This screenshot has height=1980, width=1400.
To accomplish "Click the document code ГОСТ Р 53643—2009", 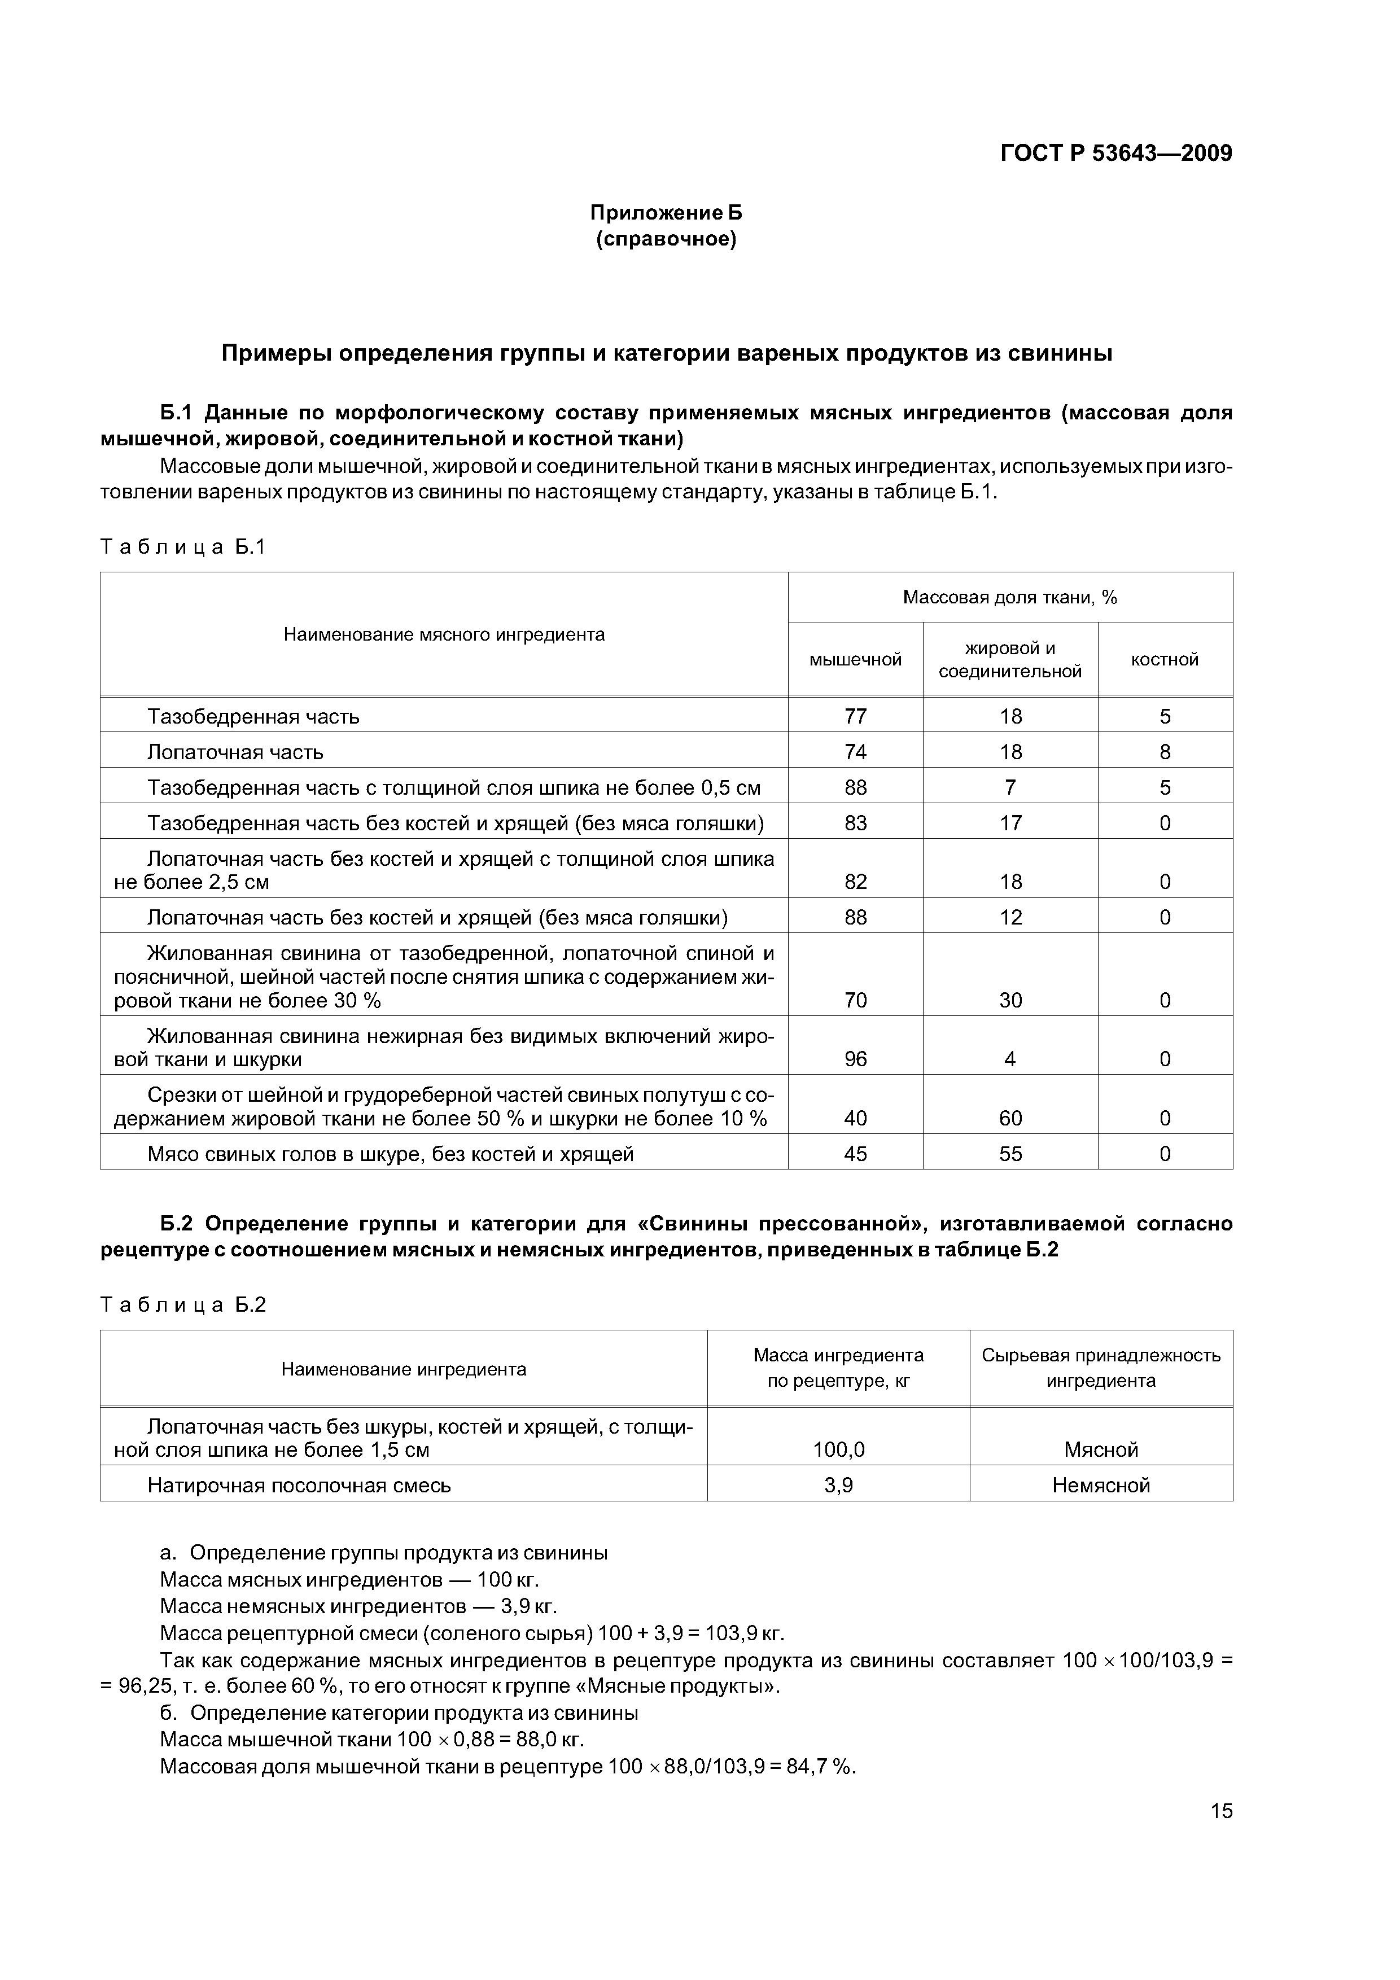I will pyautogui.click(x=1115, y=154).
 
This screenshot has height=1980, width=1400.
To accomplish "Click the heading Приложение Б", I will pyautogui.click(x=665, y=212).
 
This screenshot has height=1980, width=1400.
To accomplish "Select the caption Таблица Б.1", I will pyautogui.click(x=183, y=547).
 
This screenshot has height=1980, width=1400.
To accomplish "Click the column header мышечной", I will pyautogui.click(x=855, y=660).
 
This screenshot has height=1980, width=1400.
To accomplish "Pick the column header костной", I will pyautogui.click(x=1165, y=660).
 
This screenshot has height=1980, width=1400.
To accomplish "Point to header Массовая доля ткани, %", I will pyautogui.click(x=1009, y=598).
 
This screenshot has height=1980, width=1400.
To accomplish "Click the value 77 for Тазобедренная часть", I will pyautogui.click(x=855, y=717).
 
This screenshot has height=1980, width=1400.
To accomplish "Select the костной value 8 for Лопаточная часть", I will pyautogui.click(x=1165, y=752).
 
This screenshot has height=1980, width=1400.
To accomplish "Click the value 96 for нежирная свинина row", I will pyautogui.click(x=855, y=1059).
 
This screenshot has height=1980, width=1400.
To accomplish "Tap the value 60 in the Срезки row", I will pyautogui.click(x=1010, y=1119).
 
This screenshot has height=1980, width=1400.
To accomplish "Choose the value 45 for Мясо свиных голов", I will pyautogui.click(x=855, y=1154).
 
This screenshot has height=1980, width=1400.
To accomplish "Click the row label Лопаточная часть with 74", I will pyautogui.click(x=235, y=752).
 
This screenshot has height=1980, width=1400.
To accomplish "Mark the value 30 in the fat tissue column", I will pyautogui.click(x=1010, y=1000).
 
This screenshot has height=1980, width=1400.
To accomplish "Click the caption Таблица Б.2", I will pyautogui.click(x=183, y=1305).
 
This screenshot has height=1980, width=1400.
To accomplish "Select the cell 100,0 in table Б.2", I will pyautogui.click(x=838, y=1449).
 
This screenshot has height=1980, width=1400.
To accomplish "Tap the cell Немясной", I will pyautogui.click(x=1101, y=1485).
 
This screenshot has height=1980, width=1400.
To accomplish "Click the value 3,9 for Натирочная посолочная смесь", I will pyautogui.click(x=838, y=1485).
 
